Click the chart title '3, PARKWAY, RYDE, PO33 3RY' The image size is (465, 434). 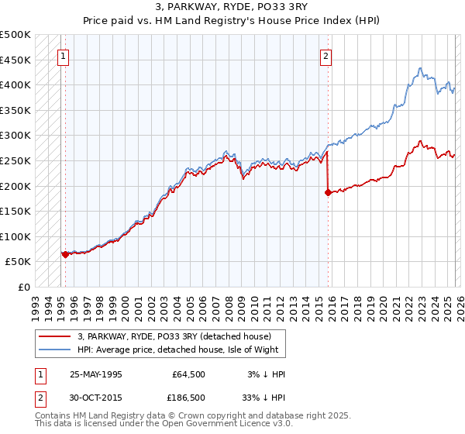(x=232, y=8)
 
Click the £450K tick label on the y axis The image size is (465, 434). (x=15, y=60)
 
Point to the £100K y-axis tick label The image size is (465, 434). (x=15, y=236)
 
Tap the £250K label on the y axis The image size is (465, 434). (x=15, y=160)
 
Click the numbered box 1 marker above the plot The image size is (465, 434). (x=63, y=56)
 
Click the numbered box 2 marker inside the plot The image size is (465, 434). (x=326, y=56)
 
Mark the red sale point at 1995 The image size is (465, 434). (x=64, y=253)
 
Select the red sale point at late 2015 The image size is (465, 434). (x=328, y=192)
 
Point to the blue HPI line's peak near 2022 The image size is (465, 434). (x=419, y=68)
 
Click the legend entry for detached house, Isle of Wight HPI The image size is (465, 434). (x=182, y=350)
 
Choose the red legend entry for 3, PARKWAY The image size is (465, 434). (x=174, y=337)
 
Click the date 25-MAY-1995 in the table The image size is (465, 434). (x=96, y=374)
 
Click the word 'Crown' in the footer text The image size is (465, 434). (x=195, y=415)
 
